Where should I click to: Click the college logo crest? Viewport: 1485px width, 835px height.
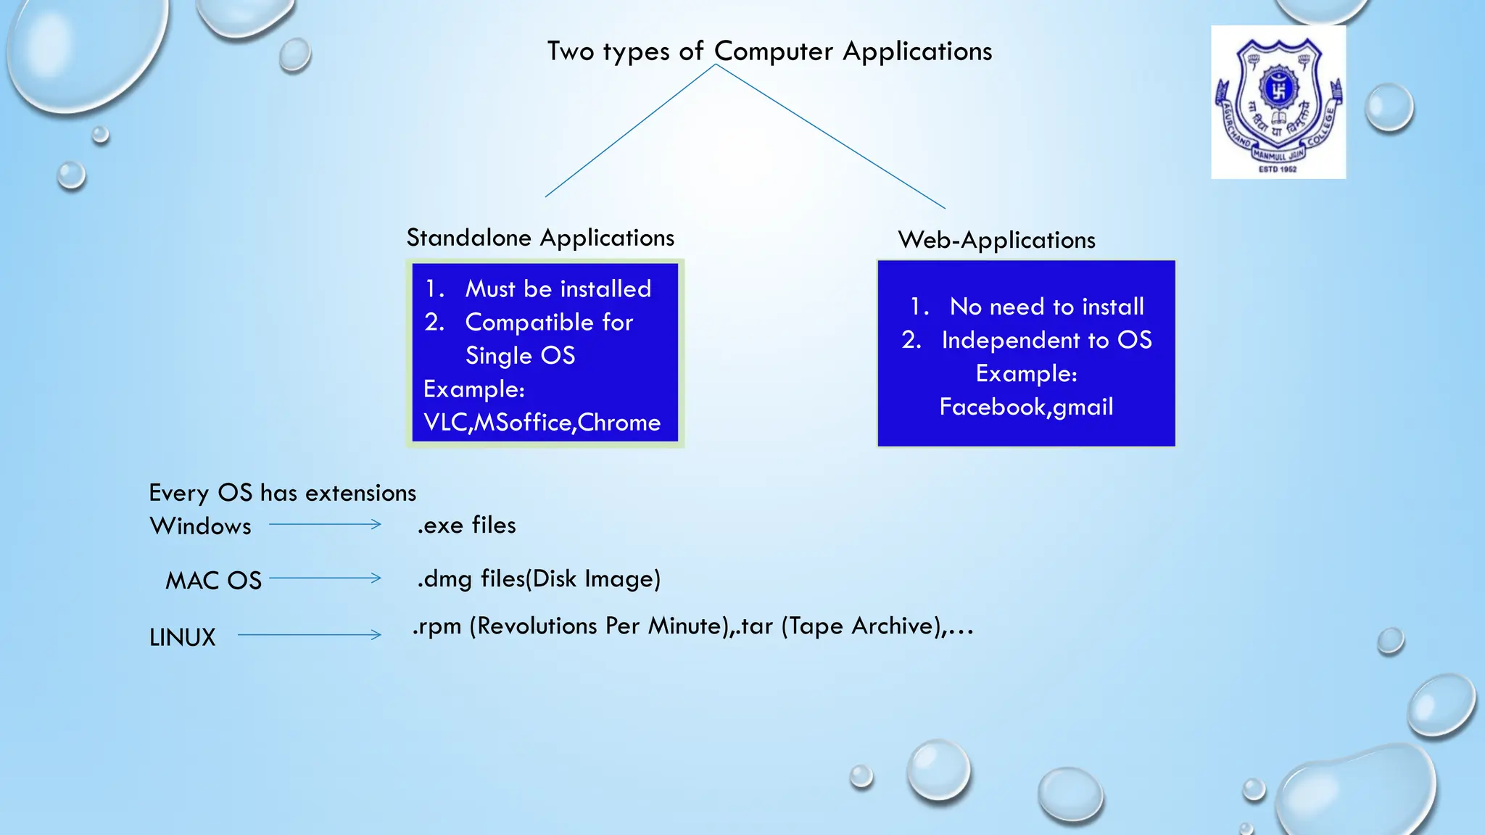click(1278, 101)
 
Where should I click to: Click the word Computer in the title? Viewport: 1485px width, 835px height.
click(774, 51)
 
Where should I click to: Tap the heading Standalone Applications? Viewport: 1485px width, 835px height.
click(540, 238)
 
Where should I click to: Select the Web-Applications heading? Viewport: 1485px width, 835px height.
click(996, 240)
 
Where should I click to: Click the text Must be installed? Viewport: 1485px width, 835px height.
click(558, 289)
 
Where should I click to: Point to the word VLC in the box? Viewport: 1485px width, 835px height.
click(446, 423)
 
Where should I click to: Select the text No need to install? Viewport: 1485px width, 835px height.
click(1046, 307)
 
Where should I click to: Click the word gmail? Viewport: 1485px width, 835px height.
click(1083, 407)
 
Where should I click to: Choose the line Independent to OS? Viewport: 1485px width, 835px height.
click(1046, 340)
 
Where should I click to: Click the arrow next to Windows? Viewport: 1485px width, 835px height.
click(325, 524)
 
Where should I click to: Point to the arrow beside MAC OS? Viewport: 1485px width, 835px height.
click(325, 578)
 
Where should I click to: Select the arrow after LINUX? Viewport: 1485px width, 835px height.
click(310, 635)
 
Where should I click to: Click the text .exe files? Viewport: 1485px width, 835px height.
click(466, 525)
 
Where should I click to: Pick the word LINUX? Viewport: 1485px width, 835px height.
click(182, 637)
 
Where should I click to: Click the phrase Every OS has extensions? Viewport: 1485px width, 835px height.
click(282, 493)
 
